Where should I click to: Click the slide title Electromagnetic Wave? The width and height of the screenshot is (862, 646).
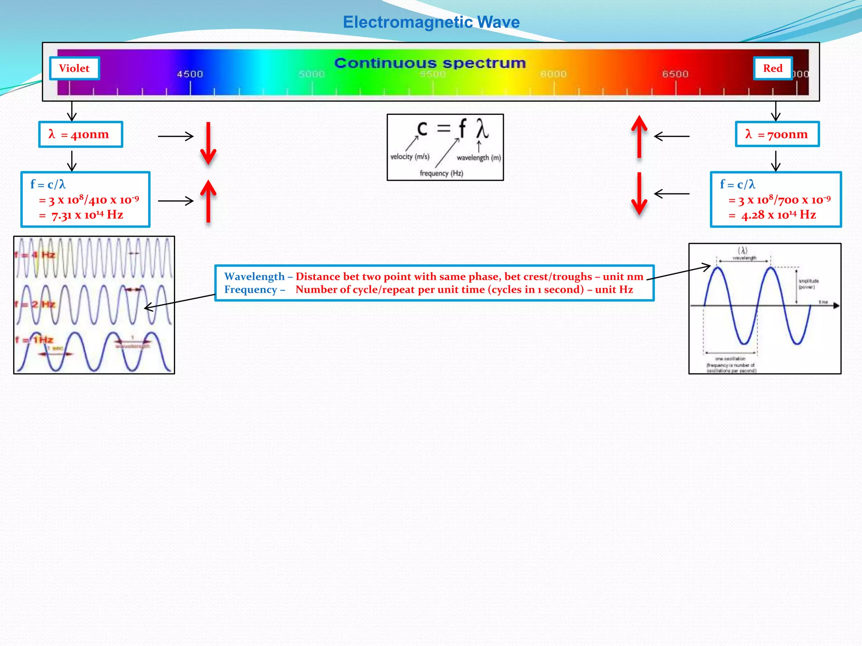(431, 22)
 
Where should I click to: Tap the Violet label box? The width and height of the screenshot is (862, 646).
(74, 68)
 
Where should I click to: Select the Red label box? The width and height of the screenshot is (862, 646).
(773, 68)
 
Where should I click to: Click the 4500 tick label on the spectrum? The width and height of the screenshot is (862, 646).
(190, 74)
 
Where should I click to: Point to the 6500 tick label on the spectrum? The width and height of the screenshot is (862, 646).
(675, 74)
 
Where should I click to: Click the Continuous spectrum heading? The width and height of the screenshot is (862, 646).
(430, 63)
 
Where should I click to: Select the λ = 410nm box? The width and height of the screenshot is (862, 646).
(80, 135)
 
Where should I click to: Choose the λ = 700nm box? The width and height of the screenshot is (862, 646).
(777, 135)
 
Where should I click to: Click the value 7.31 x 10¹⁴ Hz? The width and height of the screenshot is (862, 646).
(87, 215)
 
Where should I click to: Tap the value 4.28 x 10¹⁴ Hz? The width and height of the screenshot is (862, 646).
(779, 215)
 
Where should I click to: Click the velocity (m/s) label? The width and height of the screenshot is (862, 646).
(410, 156)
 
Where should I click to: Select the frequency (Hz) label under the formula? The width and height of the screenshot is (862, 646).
(441, 173)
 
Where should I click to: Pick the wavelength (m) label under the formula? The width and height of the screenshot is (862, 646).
(479, 158)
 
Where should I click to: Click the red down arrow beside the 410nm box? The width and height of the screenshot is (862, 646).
(208, 143)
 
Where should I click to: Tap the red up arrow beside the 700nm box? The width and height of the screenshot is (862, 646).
(639, 137)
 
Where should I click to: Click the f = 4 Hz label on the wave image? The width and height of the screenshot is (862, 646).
(35, 255)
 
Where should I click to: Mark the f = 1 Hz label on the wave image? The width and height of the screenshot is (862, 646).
(34, 340)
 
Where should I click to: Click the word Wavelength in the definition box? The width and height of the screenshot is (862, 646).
(254, 276)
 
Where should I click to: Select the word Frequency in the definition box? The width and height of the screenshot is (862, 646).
(250, 289)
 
